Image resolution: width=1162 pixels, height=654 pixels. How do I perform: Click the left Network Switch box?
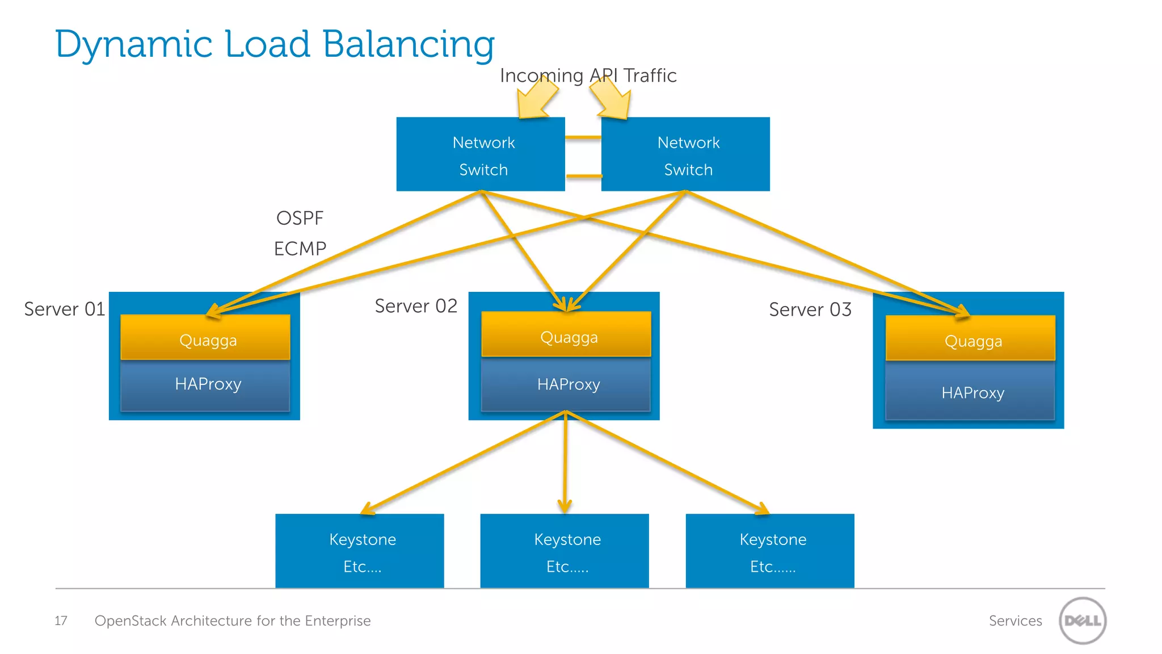(481, 154)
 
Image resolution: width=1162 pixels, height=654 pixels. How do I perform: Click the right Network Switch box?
(685, 154)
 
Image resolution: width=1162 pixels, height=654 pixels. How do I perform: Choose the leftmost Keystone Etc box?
(360, 551)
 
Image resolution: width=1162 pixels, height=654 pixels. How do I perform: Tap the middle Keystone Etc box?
(565, 551)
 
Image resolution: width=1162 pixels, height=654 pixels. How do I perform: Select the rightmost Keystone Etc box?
(770, 551)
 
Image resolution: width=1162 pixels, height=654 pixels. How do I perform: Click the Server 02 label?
(416, 307)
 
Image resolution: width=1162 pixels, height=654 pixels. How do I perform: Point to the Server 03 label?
(810, 310)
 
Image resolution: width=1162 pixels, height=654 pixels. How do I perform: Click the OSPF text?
(300, 219)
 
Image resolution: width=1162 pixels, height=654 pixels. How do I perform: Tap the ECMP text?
(300, 249)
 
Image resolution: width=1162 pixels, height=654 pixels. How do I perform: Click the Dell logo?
(1083, 621)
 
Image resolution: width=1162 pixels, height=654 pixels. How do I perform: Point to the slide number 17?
(61, 621)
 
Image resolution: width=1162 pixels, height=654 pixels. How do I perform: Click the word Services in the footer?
(1015, 621)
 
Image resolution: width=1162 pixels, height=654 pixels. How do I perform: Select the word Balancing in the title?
(409, 44)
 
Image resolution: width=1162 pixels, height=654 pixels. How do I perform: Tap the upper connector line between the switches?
(583, 137)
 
